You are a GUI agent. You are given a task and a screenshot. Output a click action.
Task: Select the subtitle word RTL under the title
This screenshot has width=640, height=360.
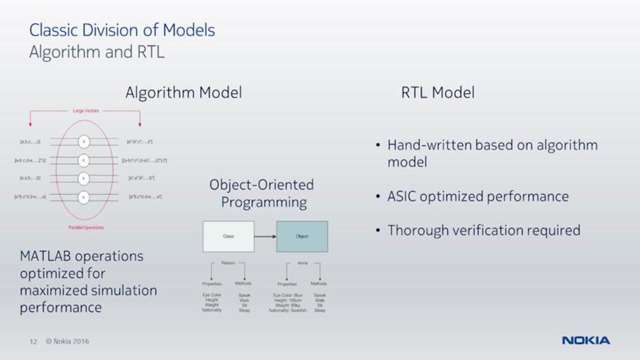tap(150, 52)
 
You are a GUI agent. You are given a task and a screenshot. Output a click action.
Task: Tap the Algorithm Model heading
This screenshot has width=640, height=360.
tap(183, 92)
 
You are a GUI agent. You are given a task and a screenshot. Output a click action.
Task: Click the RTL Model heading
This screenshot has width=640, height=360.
tap(437, 92)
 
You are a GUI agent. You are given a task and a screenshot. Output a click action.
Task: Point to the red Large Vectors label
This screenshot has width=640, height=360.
tap(85, 110)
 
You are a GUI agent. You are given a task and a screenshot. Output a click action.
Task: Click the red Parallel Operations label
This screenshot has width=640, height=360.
tap(86, 227)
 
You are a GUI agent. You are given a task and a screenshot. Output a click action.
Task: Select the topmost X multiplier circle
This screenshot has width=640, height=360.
tap(84, 142)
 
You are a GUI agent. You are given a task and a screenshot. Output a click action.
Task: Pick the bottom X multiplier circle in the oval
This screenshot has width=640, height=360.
tap(84, 197)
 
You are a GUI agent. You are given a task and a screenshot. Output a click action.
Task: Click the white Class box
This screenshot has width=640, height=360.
tap(228, 236)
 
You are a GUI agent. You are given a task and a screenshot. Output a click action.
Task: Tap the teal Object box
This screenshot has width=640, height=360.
tap(302, 236)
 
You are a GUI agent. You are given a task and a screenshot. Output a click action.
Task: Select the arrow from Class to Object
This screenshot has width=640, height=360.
tap(265, 236)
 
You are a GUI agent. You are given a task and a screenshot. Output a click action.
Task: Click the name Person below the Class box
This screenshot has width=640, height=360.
tap(228, 262)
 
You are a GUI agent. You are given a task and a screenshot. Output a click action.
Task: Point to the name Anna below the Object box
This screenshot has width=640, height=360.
tap(302, 262)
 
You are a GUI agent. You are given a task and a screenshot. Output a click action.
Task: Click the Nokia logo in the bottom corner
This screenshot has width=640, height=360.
tap(585, 340)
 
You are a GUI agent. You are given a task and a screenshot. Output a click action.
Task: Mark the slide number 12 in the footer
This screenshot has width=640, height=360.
tap(33, 341)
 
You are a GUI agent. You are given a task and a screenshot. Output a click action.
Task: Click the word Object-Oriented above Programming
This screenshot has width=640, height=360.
tap(261, 185)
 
